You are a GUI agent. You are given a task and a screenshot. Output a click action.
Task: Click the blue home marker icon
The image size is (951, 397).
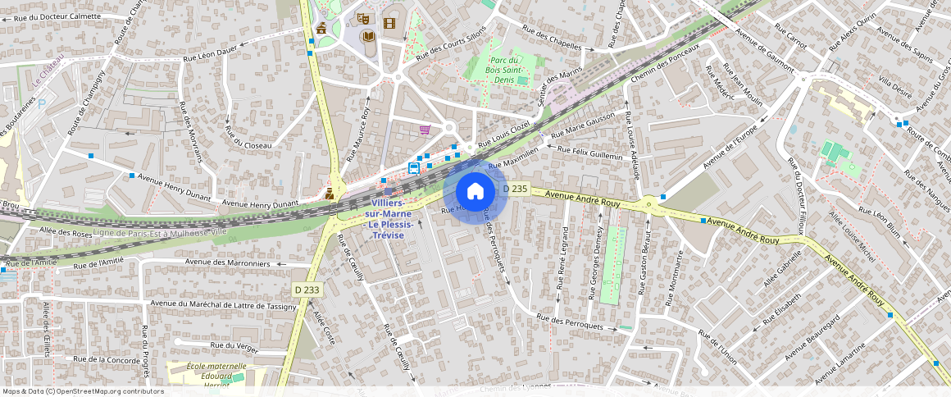tap(475, 192)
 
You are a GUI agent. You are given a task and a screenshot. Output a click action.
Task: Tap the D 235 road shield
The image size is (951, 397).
tap(514, 189)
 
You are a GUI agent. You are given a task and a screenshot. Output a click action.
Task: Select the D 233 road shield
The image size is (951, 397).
tap(307, 290)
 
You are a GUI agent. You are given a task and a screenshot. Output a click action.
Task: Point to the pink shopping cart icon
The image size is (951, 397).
tap(425, 130)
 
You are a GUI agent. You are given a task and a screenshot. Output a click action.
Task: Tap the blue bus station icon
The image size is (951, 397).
tap(414, 168)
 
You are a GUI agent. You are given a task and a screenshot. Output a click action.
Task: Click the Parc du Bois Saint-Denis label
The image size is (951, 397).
tap(506, 71)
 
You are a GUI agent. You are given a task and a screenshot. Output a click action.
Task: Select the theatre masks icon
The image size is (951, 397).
tap(363, 18)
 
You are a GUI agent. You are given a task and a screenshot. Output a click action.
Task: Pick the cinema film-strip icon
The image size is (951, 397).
tap(389, 22)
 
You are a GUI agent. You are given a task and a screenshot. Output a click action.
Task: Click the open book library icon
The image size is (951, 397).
tap(369, 37)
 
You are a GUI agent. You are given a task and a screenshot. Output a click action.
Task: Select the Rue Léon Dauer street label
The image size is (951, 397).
tap(210, 57)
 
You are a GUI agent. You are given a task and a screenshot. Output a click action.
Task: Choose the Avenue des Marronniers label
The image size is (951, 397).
tap(228, 263)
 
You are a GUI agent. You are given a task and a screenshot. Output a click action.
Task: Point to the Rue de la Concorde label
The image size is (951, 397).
tap(107, 359)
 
